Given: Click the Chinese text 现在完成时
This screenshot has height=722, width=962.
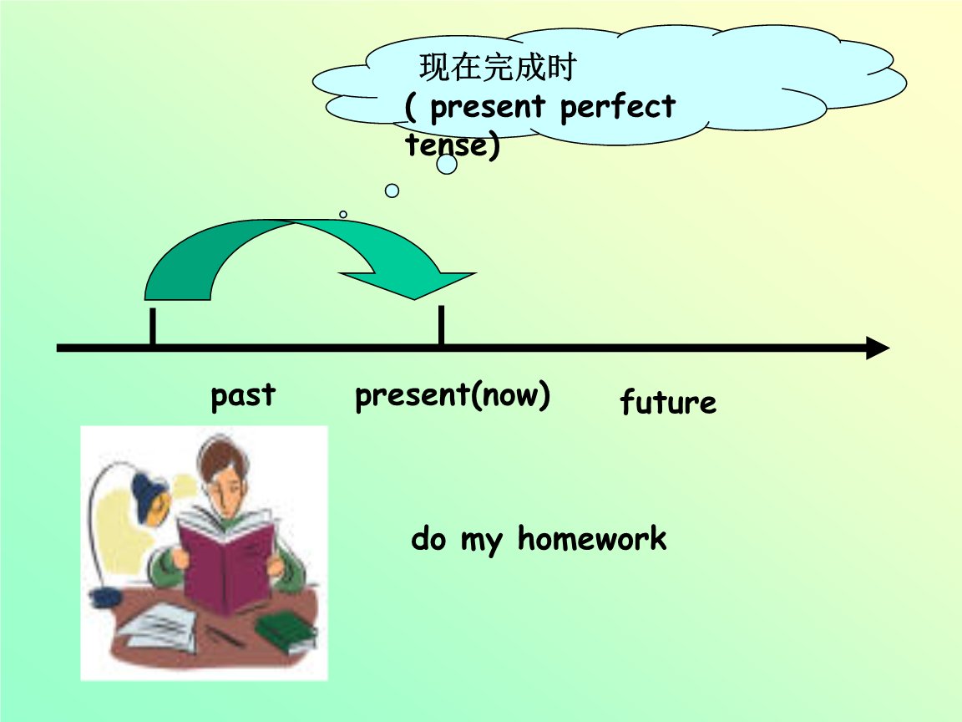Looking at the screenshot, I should (498, 69).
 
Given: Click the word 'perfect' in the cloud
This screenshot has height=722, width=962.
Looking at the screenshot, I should (617, 108).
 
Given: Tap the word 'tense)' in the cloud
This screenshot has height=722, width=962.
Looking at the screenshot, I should (452, 145).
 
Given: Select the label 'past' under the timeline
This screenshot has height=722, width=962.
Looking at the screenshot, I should (243, 394).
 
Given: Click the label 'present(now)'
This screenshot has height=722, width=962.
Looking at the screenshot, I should (453, 395).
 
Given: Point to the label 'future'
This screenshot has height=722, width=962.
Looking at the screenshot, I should (667, 403).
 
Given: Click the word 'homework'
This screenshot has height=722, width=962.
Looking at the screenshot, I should (591, 539).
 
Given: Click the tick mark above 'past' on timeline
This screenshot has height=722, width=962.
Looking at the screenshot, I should (152, 326).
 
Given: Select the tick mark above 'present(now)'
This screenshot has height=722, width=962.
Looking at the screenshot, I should (441, 325).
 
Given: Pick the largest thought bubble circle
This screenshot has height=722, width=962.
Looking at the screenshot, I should (447, 165).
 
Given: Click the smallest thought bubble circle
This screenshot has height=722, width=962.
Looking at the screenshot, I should (343, 215).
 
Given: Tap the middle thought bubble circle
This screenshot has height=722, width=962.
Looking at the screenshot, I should (392, 191).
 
